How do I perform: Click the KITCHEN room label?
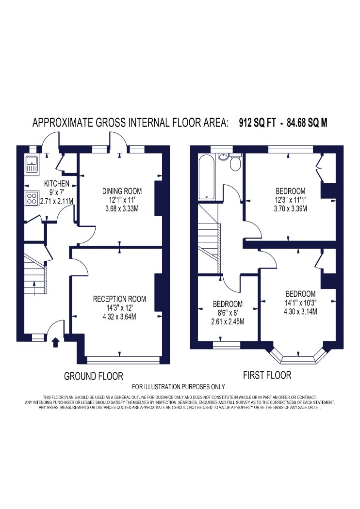pos(57,184)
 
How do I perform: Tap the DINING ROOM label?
pos(122,191)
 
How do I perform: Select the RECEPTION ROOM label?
pos(119,299)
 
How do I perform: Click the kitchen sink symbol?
pos(32,164)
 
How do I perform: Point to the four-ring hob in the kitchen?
pos(32,199)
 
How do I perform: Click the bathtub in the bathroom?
pos(206,177)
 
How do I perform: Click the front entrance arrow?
pos(56,342)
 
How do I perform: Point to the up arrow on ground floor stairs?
pos(34,288)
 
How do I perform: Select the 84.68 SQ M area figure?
pos(307,123)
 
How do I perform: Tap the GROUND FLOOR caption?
pos(94,376)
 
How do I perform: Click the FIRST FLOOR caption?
pos(267,375)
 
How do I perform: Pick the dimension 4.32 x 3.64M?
pos(119,316)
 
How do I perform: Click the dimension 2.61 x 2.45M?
pos(228,322)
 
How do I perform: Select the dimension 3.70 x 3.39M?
pos(290,208)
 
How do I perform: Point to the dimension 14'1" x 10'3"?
pos(300,303)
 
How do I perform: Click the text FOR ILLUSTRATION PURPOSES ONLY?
pos(179,387)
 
